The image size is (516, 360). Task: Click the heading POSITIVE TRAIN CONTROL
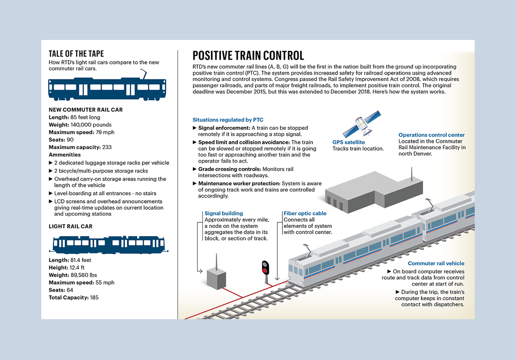pos(248,55)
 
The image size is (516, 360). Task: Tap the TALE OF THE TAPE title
pos(76,54)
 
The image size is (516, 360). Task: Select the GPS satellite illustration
pos(362,124)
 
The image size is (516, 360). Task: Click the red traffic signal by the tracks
pos(265,268)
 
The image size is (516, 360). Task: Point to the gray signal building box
pos(217,278)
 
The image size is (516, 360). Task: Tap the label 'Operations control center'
pos(431,135)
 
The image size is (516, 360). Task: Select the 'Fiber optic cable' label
pos(305,214)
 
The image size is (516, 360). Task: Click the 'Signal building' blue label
pos(224,214)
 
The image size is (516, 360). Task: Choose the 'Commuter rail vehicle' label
pos(436,263)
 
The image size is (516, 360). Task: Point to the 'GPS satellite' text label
pos(348,142)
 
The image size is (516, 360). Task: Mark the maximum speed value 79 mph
pos(105,132)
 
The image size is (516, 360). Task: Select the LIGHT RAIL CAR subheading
pos(71,226)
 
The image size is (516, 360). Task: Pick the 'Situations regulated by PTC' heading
pos(228,120)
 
